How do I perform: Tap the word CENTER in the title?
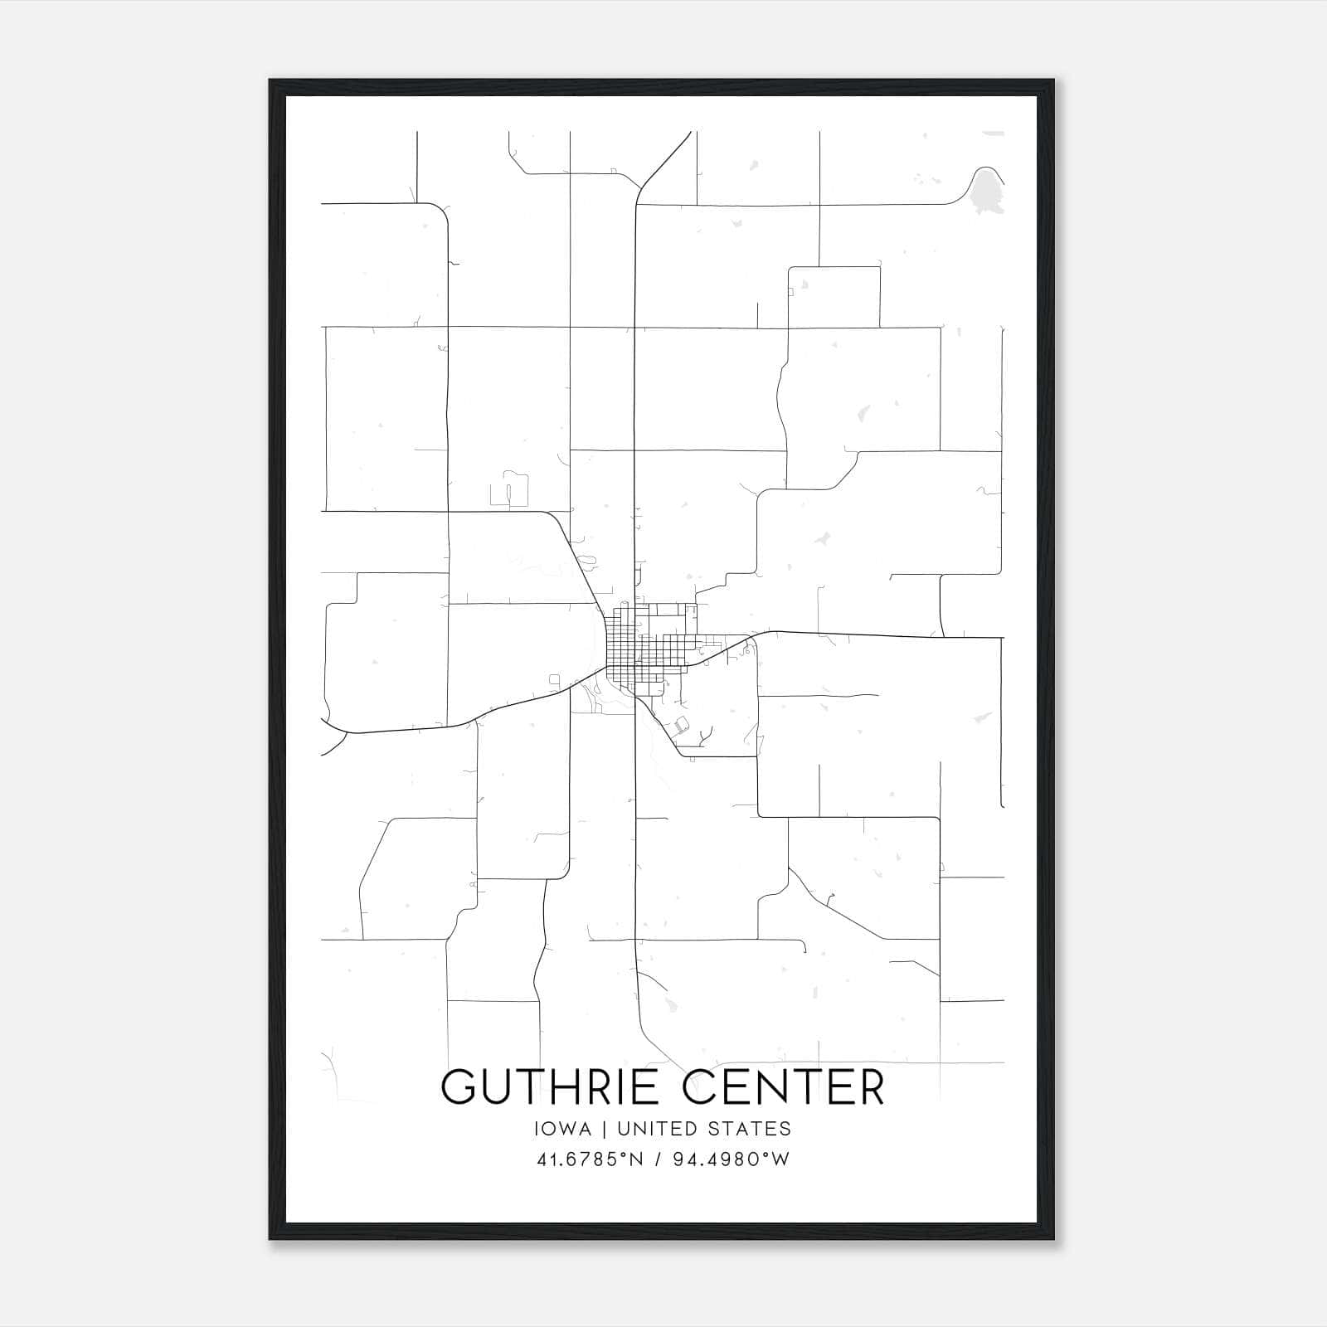784,1087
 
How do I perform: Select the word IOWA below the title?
563,1129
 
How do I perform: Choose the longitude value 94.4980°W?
730,1159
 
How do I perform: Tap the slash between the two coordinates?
658,1159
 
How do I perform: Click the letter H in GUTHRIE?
563,1087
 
